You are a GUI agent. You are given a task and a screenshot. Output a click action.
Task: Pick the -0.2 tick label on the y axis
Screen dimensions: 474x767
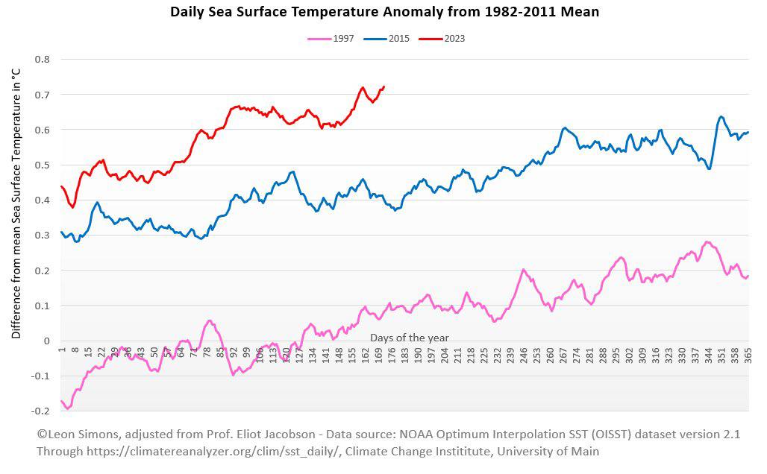coord(40,411)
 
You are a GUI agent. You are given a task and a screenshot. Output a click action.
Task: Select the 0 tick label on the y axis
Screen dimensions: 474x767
coord(46,341)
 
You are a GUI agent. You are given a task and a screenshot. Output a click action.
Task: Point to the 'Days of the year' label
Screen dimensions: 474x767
coord(410,338)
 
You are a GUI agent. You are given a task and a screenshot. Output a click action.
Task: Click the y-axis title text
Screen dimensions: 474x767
coord(16,203)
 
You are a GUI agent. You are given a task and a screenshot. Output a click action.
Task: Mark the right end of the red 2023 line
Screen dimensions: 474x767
coord(384,86)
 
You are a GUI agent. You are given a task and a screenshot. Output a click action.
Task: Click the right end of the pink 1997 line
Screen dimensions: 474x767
coord(748,276)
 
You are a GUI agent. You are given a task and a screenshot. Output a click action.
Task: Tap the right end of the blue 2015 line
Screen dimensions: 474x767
coord(748,132)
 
